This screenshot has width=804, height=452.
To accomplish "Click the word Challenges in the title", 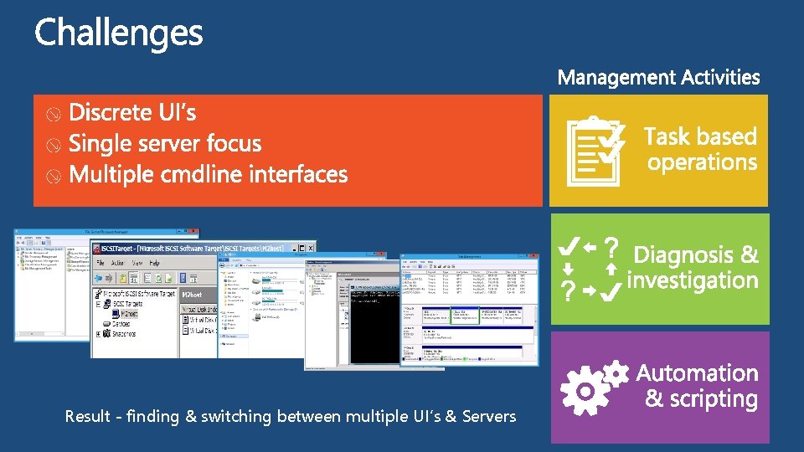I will pyautogui.click(x=118, y=34).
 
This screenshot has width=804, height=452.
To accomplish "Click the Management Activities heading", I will pyautogui.click(x=658, y=78).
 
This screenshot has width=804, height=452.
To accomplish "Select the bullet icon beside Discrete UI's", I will pyautogui.click(x=53, y=115).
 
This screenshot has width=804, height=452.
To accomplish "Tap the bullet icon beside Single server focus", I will pyautogui.click(x=53, y=146).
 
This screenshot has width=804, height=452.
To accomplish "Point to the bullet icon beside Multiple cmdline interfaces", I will pyautogui.click(x=53, y=177).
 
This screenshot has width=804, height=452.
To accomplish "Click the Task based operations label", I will pyautogui.click(x=701, y=149).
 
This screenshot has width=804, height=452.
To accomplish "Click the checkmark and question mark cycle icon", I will pyautogui.click(x=590, y=269).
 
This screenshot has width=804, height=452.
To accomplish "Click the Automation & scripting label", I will pyautogui.click(x=699, y=386).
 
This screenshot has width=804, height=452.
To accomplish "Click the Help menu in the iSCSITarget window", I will pyautogui.click(x=154, y=263).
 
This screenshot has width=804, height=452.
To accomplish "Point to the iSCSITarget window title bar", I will pyautogui.click(x=201, y=248).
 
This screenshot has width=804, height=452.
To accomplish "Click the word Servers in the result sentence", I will pyautogui.click(x=488, y=416).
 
